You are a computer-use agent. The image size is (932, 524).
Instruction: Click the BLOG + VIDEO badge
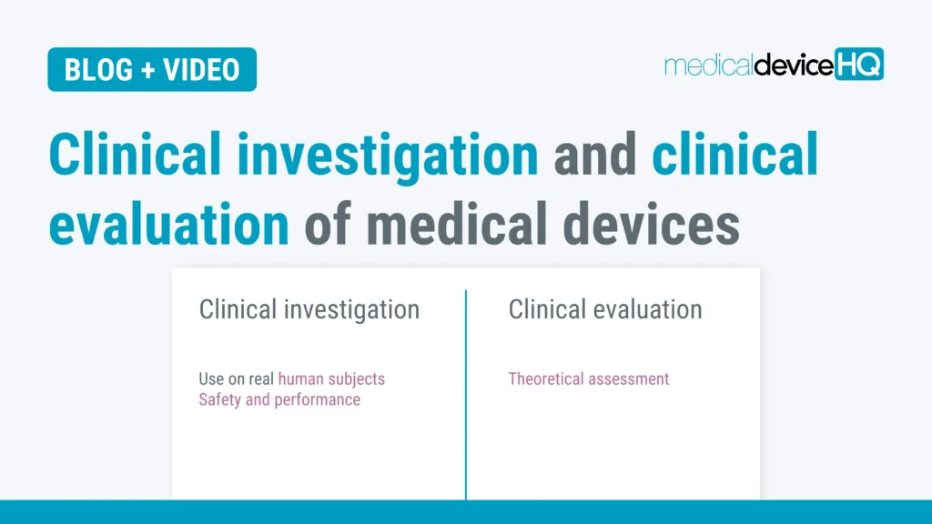click(x=152, y=70)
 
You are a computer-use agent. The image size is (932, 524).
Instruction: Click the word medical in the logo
click(x=708, y=65)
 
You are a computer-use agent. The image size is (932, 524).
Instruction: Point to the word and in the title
click(x=594, y=155)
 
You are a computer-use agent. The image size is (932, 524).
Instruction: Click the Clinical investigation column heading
click(x=309, y=309)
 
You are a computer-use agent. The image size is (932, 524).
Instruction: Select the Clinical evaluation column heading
click(x=605, y=309)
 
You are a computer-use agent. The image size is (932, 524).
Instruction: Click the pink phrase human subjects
click(x=331, y=378)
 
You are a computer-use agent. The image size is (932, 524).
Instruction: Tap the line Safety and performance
click(x=279, y=399)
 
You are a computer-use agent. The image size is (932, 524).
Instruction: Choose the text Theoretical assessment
click(x=588, y=378)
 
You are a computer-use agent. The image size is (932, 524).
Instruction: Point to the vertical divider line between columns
click(x=466, y=391)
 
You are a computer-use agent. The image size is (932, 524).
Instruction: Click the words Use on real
click(x=237, y=378)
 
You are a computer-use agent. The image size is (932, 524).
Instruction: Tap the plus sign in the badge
click(x=147, y=70)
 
